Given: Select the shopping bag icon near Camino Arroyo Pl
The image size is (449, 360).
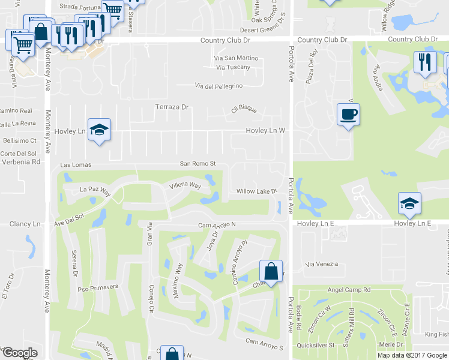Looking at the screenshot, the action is click(x=271, y=271).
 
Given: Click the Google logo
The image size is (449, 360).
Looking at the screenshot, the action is click(x=19, y=353).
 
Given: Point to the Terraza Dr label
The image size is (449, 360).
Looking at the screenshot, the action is click(x=172, y=107).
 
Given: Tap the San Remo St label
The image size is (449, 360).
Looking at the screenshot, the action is click(x=197, y=164).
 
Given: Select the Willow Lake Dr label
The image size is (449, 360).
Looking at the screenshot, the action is click(x=256, y=191).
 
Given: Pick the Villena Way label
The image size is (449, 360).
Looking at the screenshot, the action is click(x=185, y=185).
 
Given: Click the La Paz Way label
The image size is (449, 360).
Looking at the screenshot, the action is click(x=96, y=191).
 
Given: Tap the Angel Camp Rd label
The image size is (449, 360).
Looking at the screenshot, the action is click(x=349, y=290).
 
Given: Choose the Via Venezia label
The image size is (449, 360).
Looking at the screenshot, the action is click(x=322, y=264).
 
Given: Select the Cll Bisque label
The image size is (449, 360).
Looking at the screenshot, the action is click(x=244, y=110).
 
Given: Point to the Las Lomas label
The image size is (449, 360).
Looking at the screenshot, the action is click(x=74, y=164).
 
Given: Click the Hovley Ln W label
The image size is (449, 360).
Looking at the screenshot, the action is click(x=265, y=131).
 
